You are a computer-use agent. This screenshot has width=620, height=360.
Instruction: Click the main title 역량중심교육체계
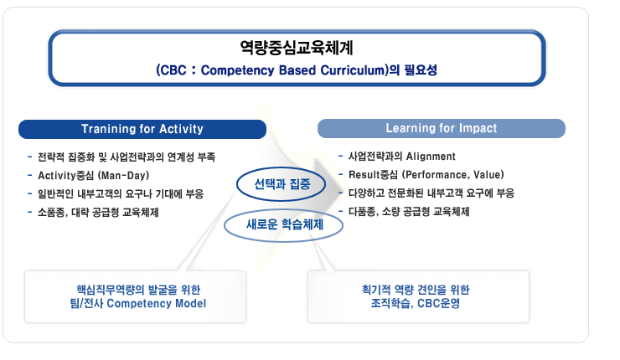tap(297, 48)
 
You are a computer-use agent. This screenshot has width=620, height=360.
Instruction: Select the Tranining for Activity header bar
tap(142, 129)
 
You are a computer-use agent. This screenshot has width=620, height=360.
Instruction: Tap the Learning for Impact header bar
tap(442, 128)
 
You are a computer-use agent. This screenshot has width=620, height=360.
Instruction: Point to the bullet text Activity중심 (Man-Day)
tap(93, 176)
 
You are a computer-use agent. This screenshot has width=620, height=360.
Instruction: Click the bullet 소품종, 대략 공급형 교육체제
tap(98, 213)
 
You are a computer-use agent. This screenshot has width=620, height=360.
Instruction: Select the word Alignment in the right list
tap(431, 157)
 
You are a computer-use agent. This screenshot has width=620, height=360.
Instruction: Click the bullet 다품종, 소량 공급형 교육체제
tap(409, 212)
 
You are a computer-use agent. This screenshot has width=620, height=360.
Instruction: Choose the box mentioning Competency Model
tap(135, 296)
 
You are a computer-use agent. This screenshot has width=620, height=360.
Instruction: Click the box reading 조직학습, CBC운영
tap(418, 296)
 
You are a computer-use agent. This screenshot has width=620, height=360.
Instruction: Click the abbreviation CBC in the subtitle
tap(173, 70)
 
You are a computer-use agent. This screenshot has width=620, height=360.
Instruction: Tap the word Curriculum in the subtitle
tap(353, 70)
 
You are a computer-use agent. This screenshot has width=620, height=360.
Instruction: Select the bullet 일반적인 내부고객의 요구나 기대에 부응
tap(121, 194)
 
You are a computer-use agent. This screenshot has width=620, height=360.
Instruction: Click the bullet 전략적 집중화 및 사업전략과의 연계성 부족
tap(127, 157)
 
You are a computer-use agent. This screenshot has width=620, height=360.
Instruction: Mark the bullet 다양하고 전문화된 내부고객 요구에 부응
tap(431, 193)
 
